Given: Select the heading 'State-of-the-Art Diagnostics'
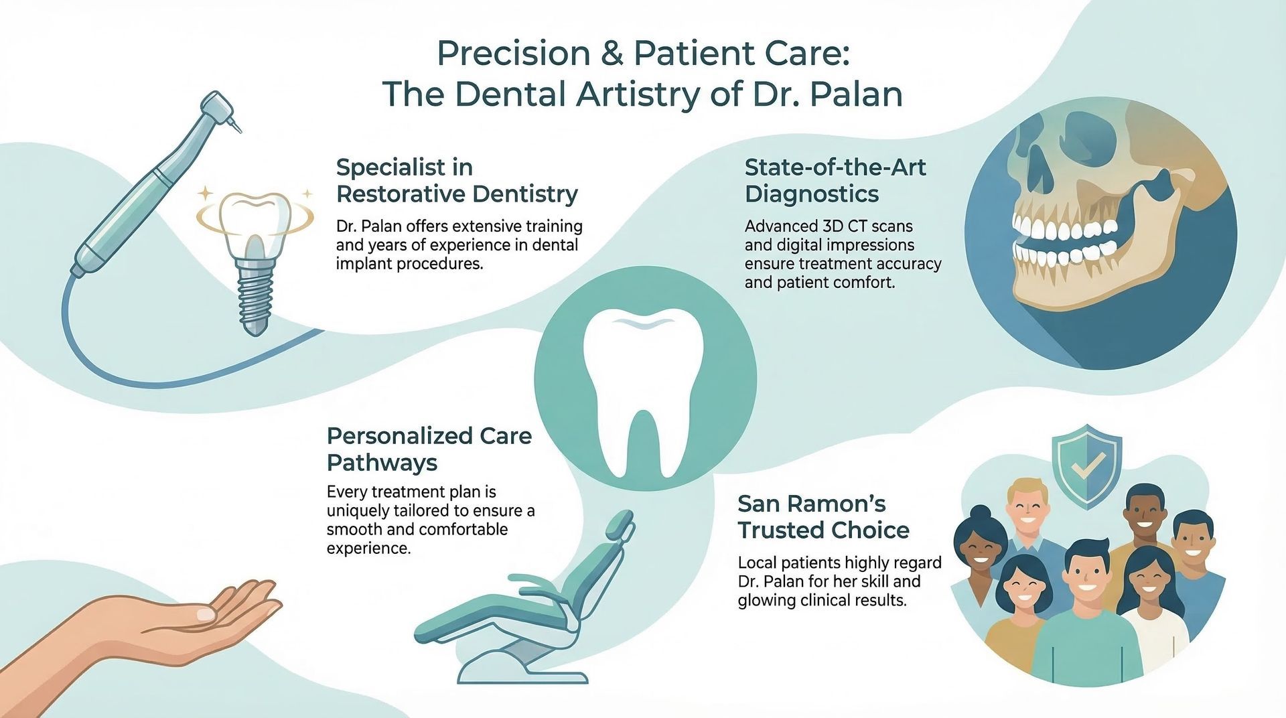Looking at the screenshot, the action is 835,180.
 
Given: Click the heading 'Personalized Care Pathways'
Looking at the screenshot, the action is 429,449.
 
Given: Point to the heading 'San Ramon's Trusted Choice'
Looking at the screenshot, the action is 823,516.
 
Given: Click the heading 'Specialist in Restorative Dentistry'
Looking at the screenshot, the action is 457,180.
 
